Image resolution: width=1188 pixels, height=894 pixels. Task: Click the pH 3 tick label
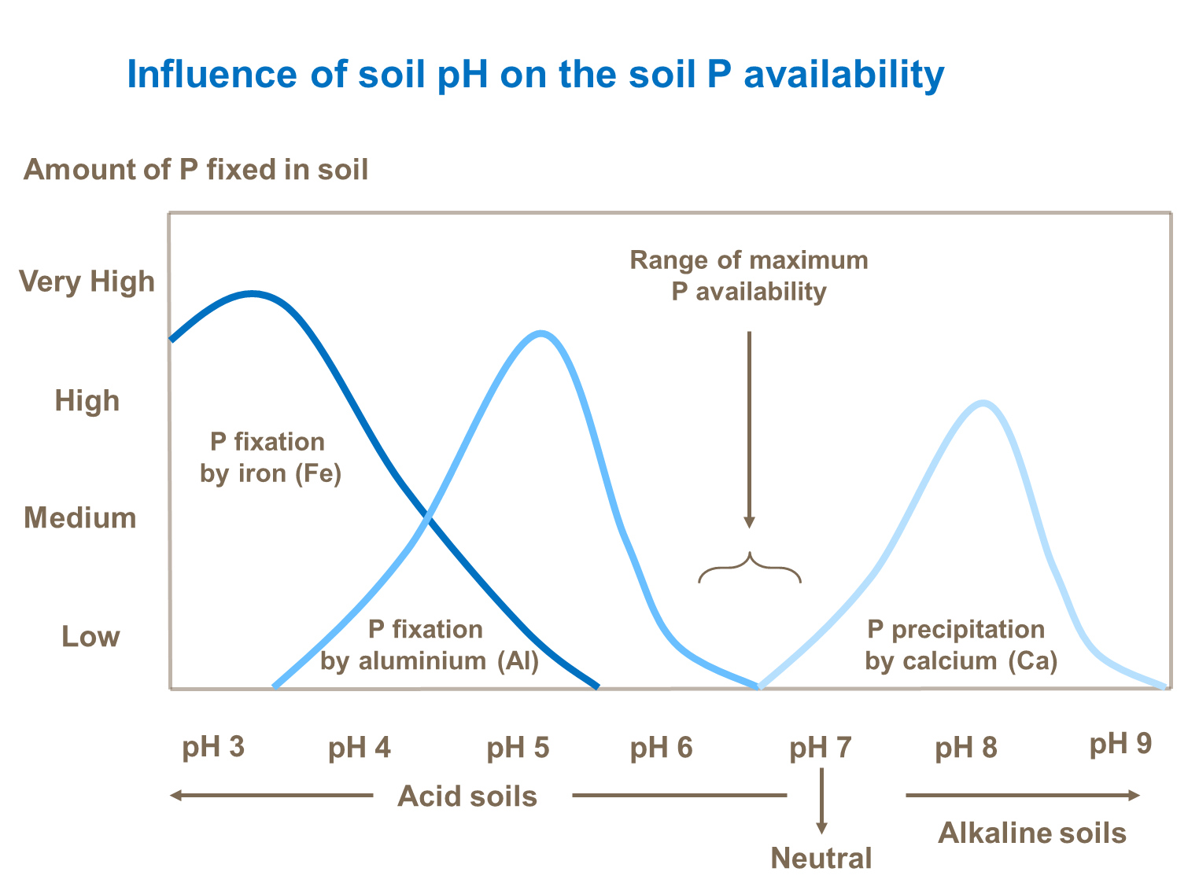pyautogui.click(x=213, y=747)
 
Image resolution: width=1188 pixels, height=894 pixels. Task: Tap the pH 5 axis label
pyautogui.click(x=518, y=748)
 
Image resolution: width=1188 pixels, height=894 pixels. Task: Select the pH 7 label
pyautogui.click(x=821, y=748)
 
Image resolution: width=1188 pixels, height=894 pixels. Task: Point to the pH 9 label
pyautogui.click(x=1120, y=744)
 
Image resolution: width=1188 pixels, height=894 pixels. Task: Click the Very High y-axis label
pyautogui.click(x=87, y=281)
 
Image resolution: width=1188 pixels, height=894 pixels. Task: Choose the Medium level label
pyautogui.click(x=80, y=518)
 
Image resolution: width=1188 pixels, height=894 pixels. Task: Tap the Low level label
pyautogui.click(x=90, y=637)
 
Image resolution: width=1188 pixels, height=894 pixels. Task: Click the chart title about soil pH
pyautogui.click(x=535, y=75)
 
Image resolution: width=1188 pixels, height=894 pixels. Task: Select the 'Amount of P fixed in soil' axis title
pyautogui.click(x=196, y=170)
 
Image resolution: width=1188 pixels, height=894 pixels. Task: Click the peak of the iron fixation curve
pyautogui.click(x=252, y=294)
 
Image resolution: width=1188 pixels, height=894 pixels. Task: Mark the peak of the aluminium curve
pyautogui.click(x=541, y=333)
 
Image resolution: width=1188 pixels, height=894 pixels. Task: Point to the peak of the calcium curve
pyautogui.click(x=983, y=403)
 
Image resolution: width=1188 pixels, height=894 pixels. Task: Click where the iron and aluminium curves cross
pyautogui.click(x=427, y=517)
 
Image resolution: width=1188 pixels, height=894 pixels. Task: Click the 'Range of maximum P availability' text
pyautogui.click(x=749, y=276)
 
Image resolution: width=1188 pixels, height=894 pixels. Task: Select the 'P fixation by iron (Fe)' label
pyautogui.click(x=270, y=458)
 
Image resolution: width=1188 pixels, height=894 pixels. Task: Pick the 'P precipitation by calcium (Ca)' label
pyautogui.click(x=961, y=645)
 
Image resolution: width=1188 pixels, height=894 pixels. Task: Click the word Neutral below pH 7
pyautogui.click(x=821, y=858)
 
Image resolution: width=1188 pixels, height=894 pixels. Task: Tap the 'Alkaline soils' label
pyautogui.click(x=1032, y=833)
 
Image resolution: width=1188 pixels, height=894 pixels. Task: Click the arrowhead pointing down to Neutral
pyautogui.click(x=821, y=828)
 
